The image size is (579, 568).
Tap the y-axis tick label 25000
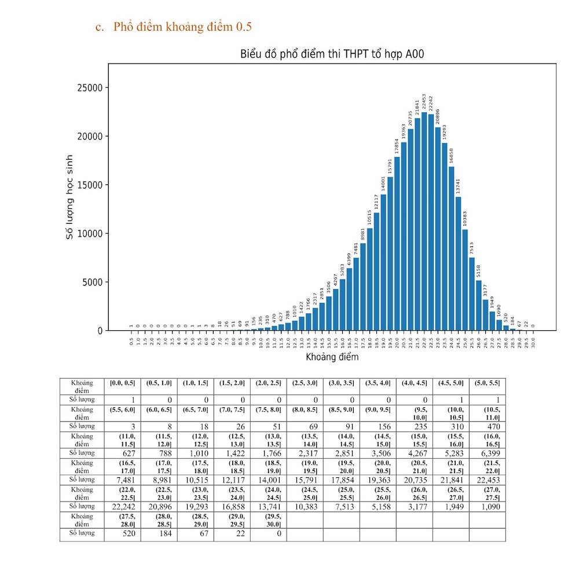pos(89,88)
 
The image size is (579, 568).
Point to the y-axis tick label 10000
pos(89,234)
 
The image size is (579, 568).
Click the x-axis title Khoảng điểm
pos(332,357)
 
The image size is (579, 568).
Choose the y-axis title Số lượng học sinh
pos(69,197)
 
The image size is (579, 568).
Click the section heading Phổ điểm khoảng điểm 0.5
pos(182,27)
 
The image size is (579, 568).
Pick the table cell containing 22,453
pos(487,480)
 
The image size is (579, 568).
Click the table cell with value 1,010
pos(195,453)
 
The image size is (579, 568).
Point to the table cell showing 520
pos(122,533)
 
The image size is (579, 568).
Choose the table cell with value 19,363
pos(378,480)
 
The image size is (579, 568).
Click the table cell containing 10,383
pos(305,506)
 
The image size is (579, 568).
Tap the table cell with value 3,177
pos(414,506)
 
